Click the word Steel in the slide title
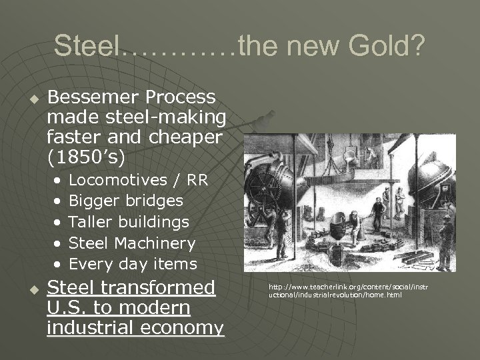(x=87, y=46)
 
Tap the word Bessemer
(x=88, y=97)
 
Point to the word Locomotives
(x=118, y=179)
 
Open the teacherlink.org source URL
(x=348, y=291)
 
